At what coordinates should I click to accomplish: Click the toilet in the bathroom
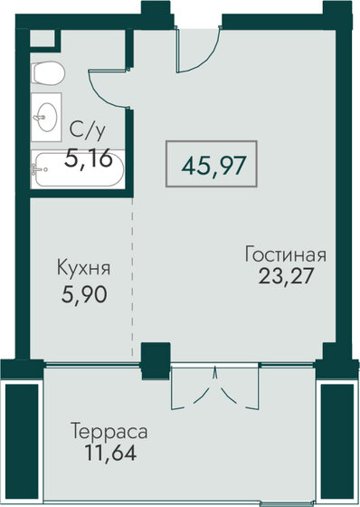point(48,73)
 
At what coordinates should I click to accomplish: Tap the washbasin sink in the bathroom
point(47,117)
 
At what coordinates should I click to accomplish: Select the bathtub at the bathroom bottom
point(78,169)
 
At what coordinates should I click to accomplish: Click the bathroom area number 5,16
point(89,158)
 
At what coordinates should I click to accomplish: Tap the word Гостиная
point(285,254)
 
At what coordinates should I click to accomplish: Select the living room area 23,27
point(286,276)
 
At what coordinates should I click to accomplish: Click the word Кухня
point(83,268)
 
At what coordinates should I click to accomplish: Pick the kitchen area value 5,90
point(84,294)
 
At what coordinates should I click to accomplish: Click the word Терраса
point(109,432)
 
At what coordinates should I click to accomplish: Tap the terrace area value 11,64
point(110,453)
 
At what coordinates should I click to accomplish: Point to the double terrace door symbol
point(215,387)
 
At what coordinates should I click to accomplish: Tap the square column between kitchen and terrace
point(156,361)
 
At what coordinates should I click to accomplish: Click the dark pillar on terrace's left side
point(22,442)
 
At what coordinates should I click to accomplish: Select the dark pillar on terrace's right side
point(337,442)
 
